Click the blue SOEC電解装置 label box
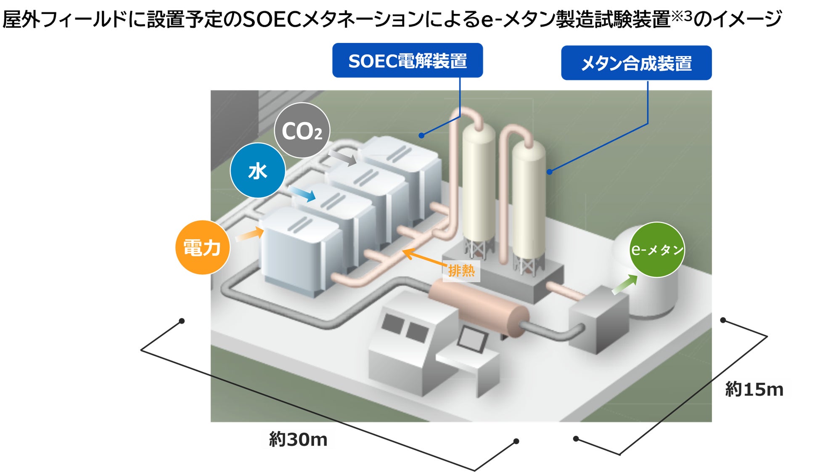tap(407, 61)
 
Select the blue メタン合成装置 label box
tap(636, 63)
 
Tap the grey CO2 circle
tap(302, 131)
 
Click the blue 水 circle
tap(258, 171)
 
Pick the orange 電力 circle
tap(202, 247)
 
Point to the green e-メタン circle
tap(656, 249)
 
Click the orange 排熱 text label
tap(461, 270)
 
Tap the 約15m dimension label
tap(754, 390)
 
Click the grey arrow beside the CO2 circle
tap(343, 158)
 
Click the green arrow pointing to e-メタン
tap(624, 285)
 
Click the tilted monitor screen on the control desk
tap(472, 338)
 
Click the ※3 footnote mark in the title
tap(681, 16)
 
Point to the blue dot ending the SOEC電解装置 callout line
tap(421, 135)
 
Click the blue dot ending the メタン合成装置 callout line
tap(549, 172)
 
